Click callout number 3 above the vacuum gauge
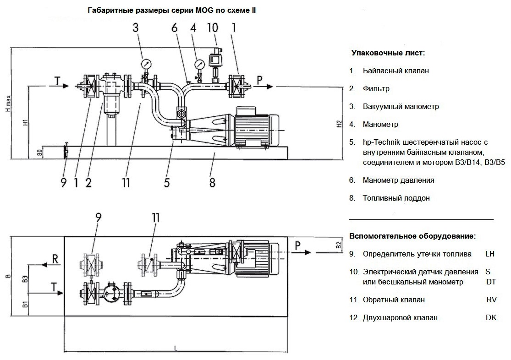point(135,27)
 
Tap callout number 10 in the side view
point(213,27)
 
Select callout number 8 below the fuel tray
point(212,182)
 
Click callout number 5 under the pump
point(167,182)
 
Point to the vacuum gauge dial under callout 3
point(146,63)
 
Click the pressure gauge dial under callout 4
point(199,64)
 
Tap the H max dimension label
point(8,104)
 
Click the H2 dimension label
point(339,124)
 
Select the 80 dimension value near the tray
point(40,153)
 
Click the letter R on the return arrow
point(55,259)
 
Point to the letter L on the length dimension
point(176,349)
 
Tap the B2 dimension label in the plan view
point(339,245)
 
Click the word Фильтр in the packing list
point(376,88)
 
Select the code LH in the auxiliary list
point(490,254)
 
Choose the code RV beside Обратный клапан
point(491,300)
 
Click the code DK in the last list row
point(491,318)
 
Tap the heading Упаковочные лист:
point(388,53)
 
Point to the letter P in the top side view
point(259,80)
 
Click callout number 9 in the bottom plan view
point(99,217)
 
